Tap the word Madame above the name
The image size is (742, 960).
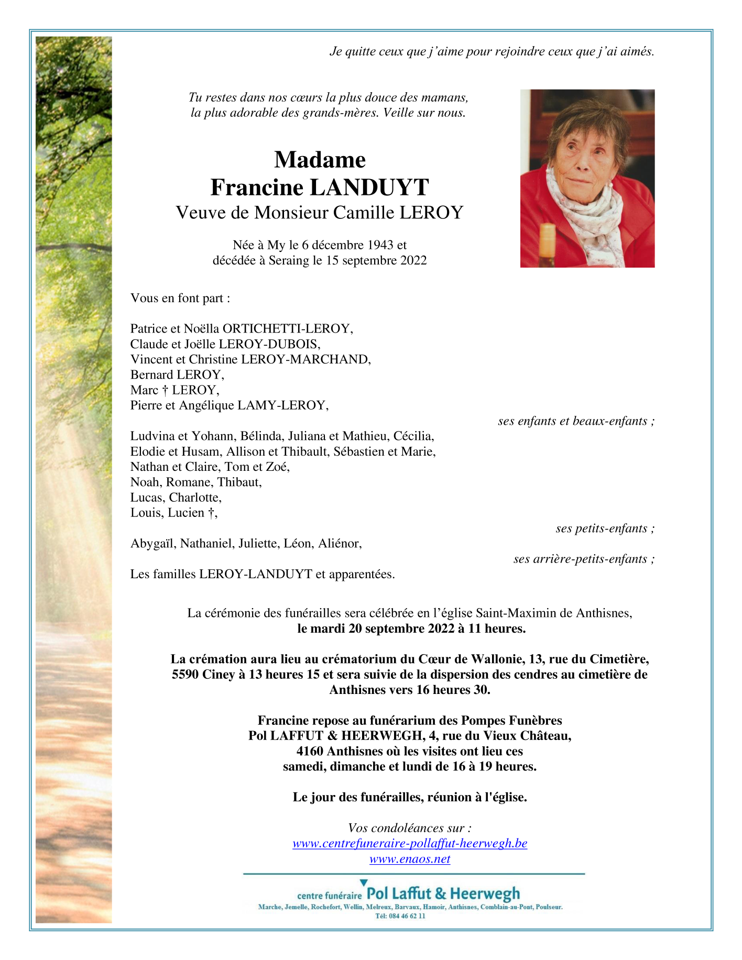click(320, 159)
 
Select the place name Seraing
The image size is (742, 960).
click(289, 260)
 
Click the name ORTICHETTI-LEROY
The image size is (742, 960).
click(288, 328)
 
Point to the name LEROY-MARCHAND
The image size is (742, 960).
click(305, 359)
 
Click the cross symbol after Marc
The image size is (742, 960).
click(165, 390)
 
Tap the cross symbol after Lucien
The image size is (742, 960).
click(211, 513)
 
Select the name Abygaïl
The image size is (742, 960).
click(153, 543)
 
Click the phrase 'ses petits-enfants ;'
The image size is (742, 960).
click(605, 528)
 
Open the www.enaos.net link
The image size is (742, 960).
click(410, 859)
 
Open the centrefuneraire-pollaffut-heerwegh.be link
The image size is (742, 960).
click(410, 844)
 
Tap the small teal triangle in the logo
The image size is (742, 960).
click(364, 883)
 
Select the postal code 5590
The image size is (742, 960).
click(185, 674)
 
